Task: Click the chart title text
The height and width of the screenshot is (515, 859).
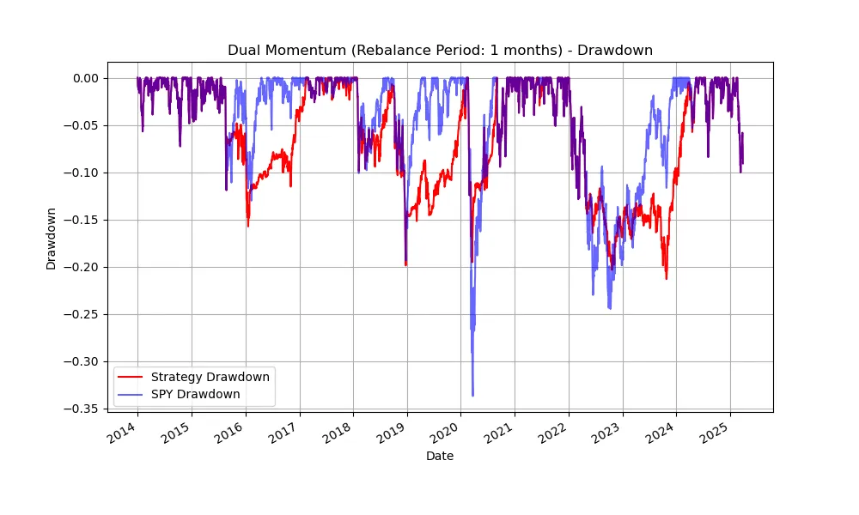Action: [x=440, y=51]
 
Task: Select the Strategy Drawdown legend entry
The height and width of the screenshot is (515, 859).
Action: [x=210, y=377]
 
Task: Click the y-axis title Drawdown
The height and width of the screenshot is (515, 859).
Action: [x=52, y=238]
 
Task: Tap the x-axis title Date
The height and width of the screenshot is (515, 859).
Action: [x=440, y=457]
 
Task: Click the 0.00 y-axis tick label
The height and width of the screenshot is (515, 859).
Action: [x=85, y=78]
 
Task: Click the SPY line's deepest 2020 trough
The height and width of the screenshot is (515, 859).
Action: [x=472, y=396]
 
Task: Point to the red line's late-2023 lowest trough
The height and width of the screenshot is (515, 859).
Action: [x=666, y=278]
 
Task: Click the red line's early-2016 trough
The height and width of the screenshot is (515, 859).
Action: [x=248, y=226]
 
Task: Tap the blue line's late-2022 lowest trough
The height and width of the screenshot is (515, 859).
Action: [x=610, y=309]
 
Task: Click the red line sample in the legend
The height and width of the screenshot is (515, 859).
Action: [x=131, y=377]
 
